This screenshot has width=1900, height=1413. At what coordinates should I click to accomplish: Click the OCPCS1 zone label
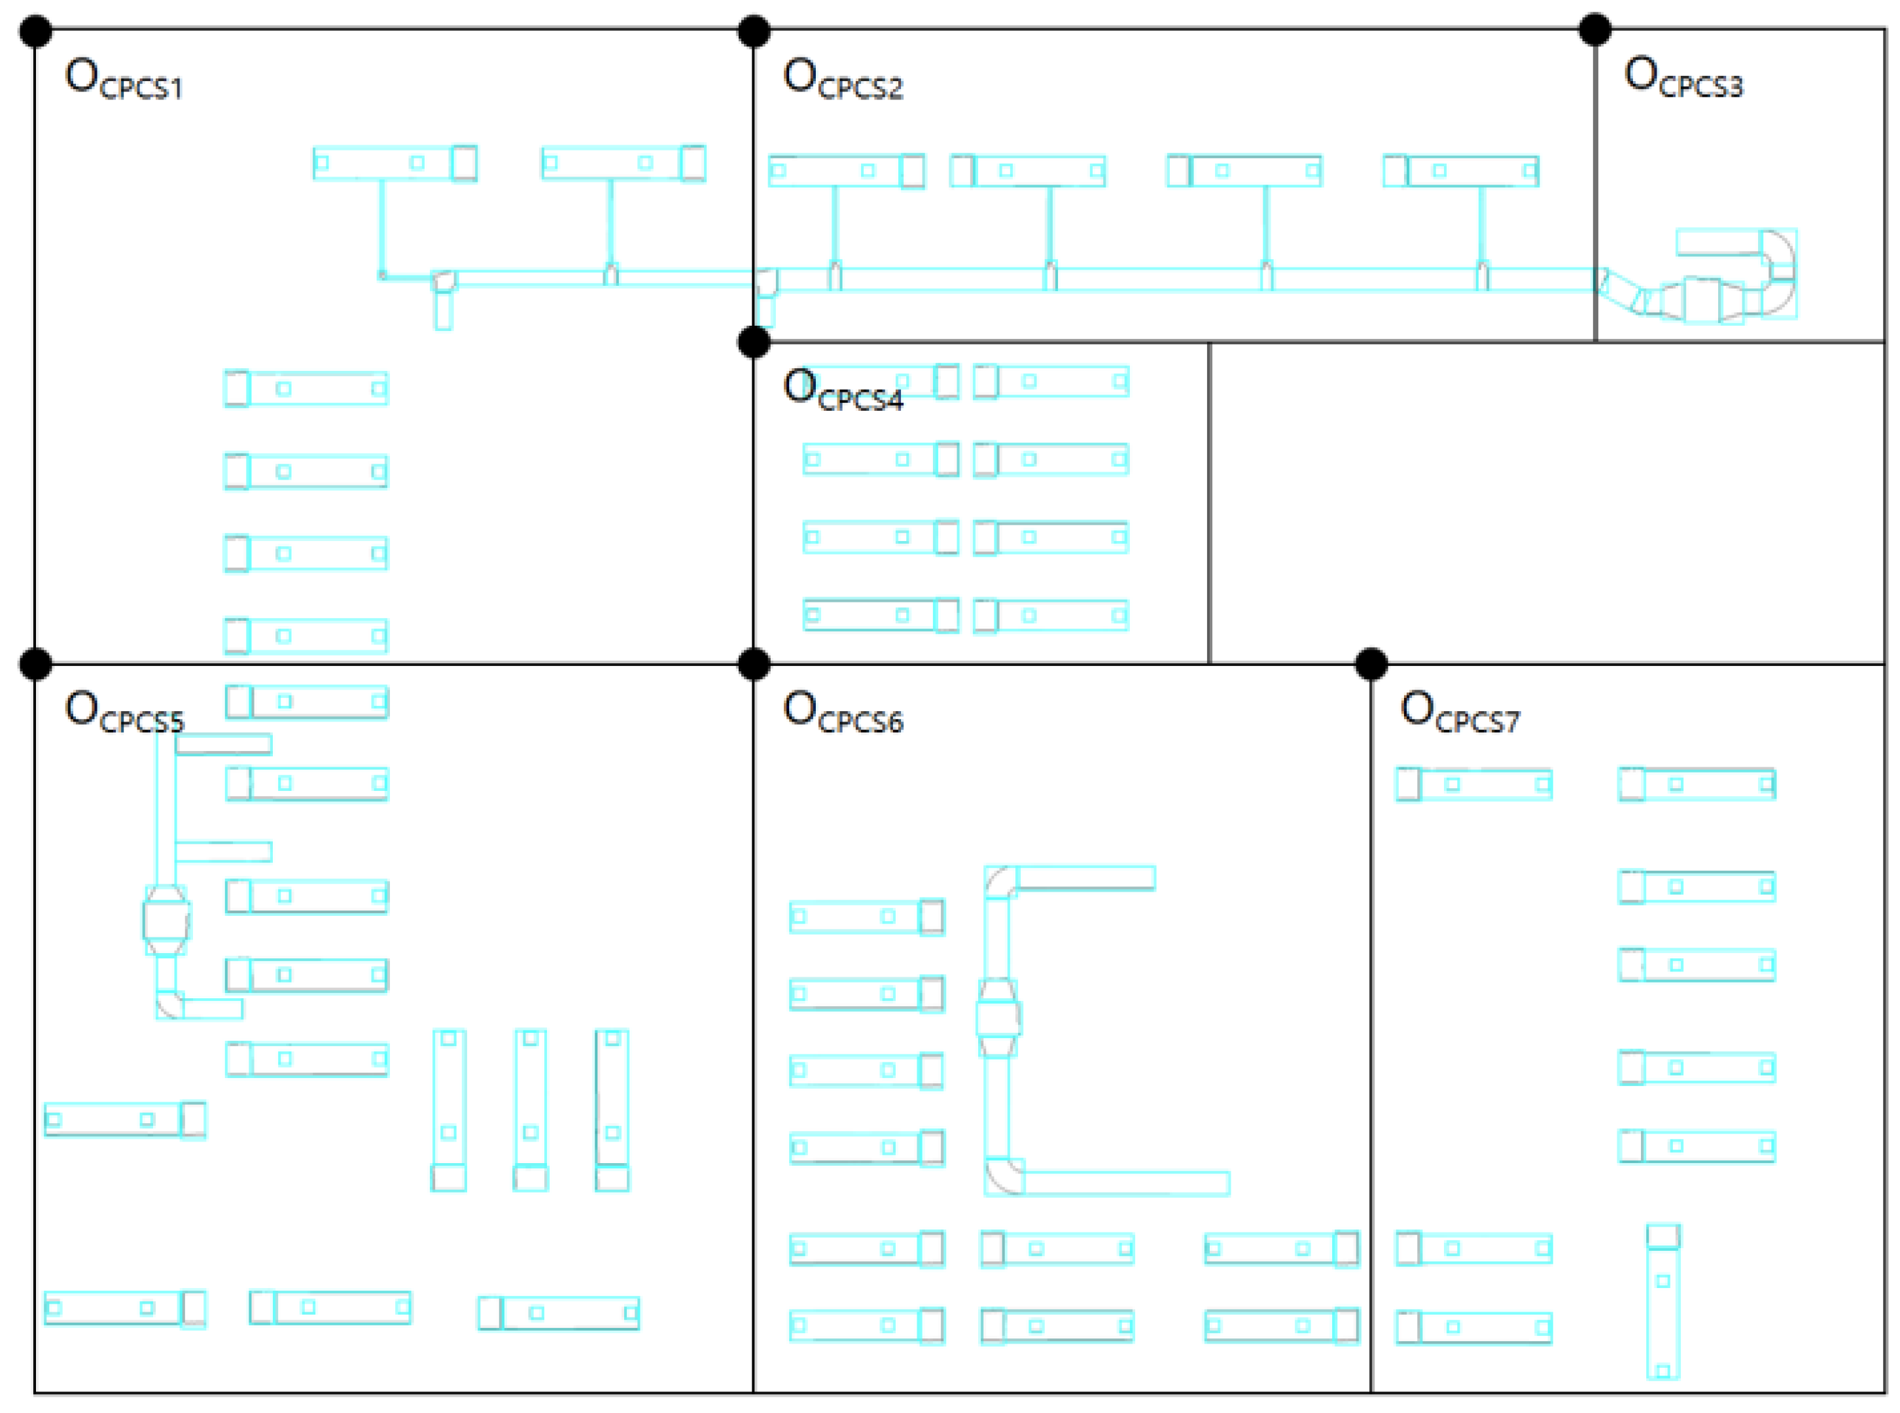click(124, 78)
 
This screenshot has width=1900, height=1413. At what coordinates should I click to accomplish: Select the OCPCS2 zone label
click(843, 78)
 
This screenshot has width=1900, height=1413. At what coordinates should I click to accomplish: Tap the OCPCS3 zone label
click(1683, 77)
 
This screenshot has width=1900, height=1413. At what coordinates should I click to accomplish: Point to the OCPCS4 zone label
click(843, 390)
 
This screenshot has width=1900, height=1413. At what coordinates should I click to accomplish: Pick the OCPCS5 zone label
click(124, 712)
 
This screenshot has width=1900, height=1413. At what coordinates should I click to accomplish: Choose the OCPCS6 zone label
click(843, 712)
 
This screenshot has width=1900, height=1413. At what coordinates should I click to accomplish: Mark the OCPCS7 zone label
click(1460, 712)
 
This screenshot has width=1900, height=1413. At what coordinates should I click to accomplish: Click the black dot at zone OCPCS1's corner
click(36, 31)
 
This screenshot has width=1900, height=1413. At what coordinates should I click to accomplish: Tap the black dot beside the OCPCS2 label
click(754, 31)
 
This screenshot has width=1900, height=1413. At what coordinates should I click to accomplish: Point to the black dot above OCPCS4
click(754, 342)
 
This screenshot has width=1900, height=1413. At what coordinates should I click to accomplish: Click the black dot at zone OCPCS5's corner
click(36, 664)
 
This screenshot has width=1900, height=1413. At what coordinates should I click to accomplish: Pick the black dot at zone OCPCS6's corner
click(754, 664)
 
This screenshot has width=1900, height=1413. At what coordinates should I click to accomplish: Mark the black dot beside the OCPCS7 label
click(1371, 664)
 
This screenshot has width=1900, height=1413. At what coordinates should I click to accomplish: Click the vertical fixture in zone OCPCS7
click(1663, 1302)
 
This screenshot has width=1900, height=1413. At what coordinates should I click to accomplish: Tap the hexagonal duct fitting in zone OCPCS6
click(998, 1018)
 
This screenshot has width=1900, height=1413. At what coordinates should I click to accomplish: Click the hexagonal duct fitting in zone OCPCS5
click(166, 920)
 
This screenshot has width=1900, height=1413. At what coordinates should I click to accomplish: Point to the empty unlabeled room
click(1547, 503)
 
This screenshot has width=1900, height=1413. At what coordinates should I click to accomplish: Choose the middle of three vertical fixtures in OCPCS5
click(531, 1109)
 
